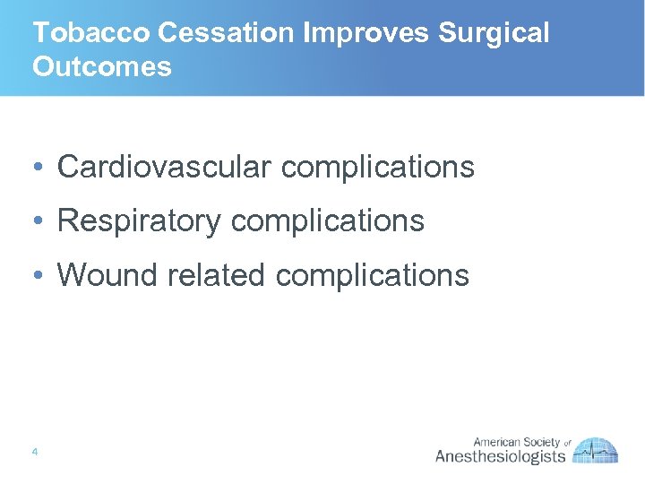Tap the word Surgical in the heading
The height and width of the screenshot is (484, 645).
point(494,33)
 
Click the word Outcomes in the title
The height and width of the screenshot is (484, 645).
point(101,67)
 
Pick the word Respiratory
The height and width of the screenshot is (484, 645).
point(139,220)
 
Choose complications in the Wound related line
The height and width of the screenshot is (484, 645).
point(372,275)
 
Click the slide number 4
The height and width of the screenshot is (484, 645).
point(34,452)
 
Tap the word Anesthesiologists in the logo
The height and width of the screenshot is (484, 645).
point(500,457)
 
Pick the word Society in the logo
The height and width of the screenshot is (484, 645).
point(542,442)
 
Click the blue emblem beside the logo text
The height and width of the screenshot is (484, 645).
point(596,451)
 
